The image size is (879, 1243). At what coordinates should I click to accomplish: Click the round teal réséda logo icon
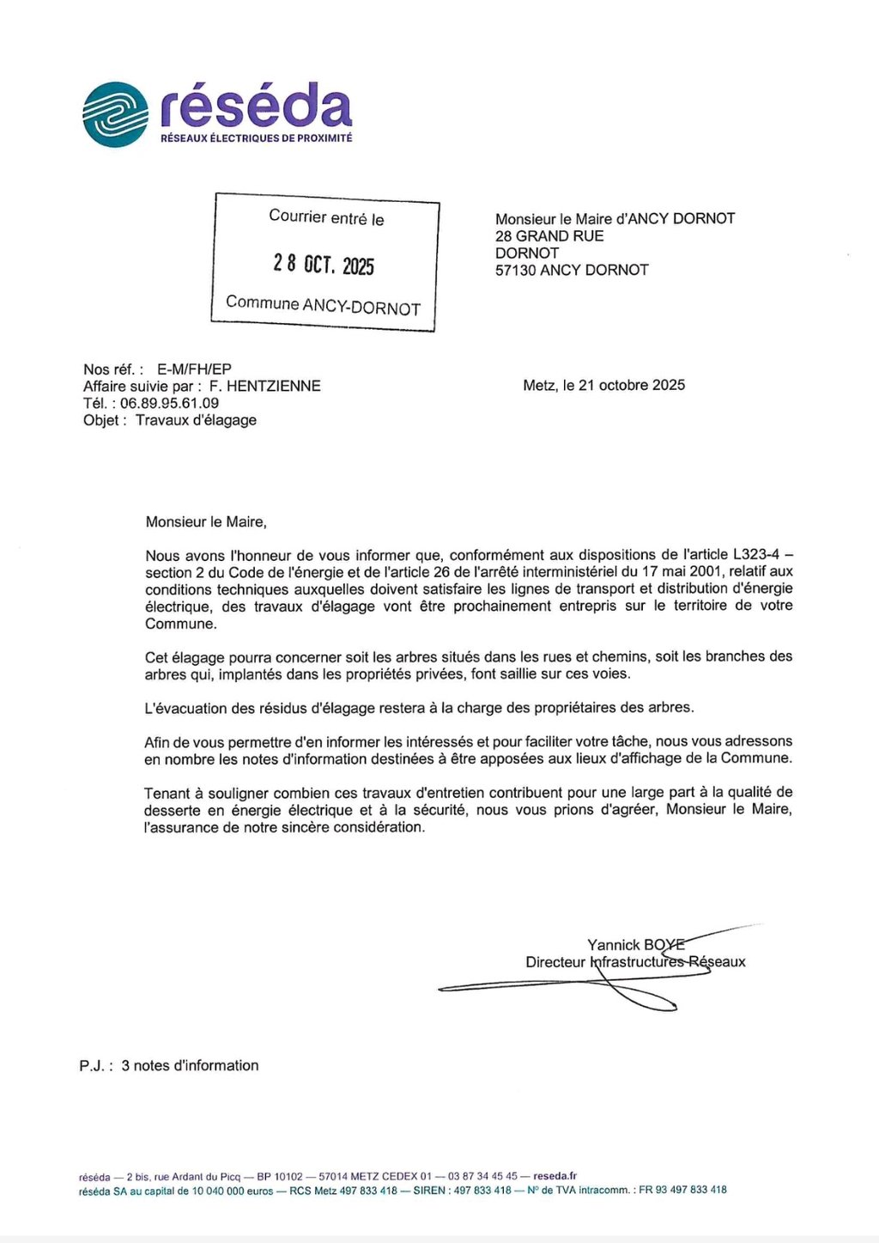click(116, 114)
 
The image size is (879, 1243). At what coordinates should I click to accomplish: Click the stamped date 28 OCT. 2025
click(324, 264)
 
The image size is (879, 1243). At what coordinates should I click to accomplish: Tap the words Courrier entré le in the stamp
click(326, 217)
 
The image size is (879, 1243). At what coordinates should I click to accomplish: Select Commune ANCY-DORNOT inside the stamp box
click(323, 305)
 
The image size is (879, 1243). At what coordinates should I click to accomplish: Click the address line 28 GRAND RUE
click(549, 236)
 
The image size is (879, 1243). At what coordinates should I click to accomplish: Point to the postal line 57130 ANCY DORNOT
click(572, 270)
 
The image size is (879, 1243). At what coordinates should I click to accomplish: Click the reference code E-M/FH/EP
click(194, 369)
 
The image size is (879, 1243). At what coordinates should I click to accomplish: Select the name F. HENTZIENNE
click(265, 387)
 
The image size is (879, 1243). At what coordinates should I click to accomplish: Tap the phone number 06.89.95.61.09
click(169, 403)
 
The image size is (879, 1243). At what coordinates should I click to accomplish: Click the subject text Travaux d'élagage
click(196, 420)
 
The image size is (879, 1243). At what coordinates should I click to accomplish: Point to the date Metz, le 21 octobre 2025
click(603, 386)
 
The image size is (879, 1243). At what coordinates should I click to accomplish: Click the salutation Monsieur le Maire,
click(206, 521)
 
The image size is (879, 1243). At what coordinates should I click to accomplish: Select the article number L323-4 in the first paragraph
click(755, 555)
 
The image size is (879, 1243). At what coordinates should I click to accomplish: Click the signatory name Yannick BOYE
click(635, 945)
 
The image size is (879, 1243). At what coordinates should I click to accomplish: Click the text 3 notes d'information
click(190, 1066)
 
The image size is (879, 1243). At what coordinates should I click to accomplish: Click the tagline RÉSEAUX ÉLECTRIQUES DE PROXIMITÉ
click(256, 138)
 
